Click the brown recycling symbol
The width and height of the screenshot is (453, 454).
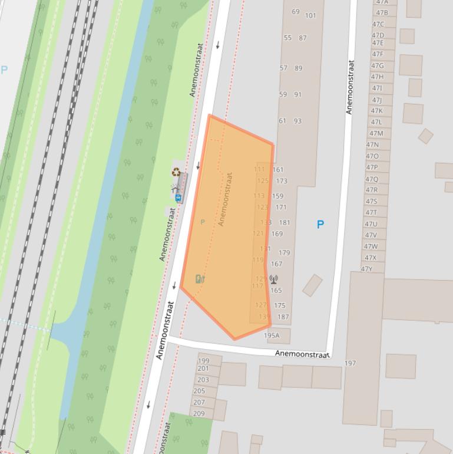[x=176, y=172]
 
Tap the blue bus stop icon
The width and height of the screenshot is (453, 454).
[x=178, y=198]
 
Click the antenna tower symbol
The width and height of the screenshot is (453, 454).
[x=273, y=279]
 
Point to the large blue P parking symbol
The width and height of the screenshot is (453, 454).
[x=320, y=225]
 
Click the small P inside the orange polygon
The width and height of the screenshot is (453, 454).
[x=203, y=222]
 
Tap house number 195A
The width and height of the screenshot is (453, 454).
[x=272, y=335]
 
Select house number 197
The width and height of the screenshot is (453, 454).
[x=350, y=363]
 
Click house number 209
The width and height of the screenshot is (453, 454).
[x=199, y=413]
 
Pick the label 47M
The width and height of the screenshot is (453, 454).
[x=376, y=133]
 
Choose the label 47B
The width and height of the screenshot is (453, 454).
[x=382, y=12]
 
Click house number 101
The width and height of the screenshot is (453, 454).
[x=310, y=15]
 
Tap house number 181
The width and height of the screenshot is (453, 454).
[x=285, y=223]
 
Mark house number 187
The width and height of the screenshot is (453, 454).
[x=283, y=317]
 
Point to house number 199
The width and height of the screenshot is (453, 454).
[x=203, y=361]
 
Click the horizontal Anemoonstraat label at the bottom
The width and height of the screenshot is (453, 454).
[x=302, y=354]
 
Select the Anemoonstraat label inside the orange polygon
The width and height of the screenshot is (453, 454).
[x=226, y=199]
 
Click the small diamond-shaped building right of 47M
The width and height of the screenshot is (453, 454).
[x=426, y=136]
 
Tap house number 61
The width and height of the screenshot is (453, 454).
[x=282, y=121]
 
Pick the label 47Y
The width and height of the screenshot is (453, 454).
[x=366, y=269]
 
